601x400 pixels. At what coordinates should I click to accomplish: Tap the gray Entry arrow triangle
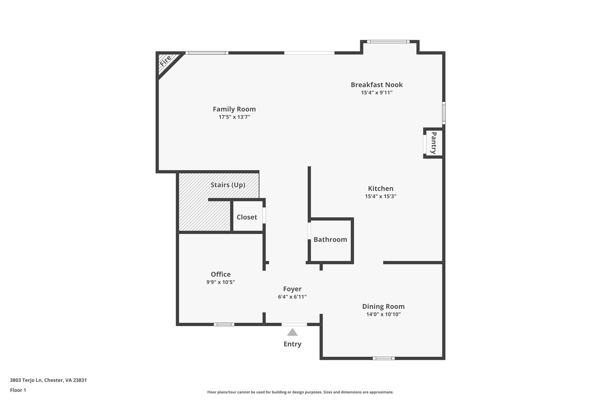pyautogui.click(x=292, y=332)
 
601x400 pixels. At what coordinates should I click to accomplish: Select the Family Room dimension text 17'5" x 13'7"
pyautogui.click(x=234, y=117)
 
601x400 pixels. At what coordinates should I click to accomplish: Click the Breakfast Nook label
pyautogui.click(x=377, y=85)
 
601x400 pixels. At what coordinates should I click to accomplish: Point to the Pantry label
pyautogui.click(x=433, y=143)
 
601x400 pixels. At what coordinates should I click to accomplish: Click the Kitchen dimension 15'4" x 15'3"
pyautogui.click(x=381, y=196)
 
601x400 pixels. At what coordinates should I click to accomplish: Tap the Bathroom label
pyautogui.click(x=330, y=239)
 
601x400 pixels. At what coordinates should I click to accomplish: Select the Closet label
pyautogui.click(x=247, y=217)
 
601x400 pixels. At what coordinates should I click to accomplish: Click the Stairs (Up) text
pyautogui.click(x=228, y=185)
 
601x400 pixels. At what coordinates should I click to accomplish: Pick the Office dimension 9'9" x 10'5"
pyautogui.click(x=221, y=282)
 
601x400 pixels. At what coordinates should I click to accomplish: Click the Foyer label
pyautogui.click(x=292, y=289)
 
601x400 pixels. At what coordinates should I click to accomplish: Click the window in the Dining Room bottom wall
pyautogui.click(x=384, y=358)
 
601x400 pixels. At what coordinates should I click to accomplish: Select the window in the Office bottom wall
pyautogui.click(x=224, y=324)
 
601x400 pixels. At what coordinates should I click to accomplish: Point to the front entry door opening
pyautogui.click(x=294, y=324)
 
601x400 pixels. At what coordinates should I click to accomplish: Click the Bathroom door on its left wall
pyautogui.click(x=309, y=231)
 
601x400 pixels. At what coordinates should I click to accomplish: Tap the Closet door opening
pyautogui.click(x=264, y=215)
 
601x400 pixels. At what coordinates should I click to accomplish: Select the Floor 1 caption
pyautogui.click(x=18, y=390)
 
